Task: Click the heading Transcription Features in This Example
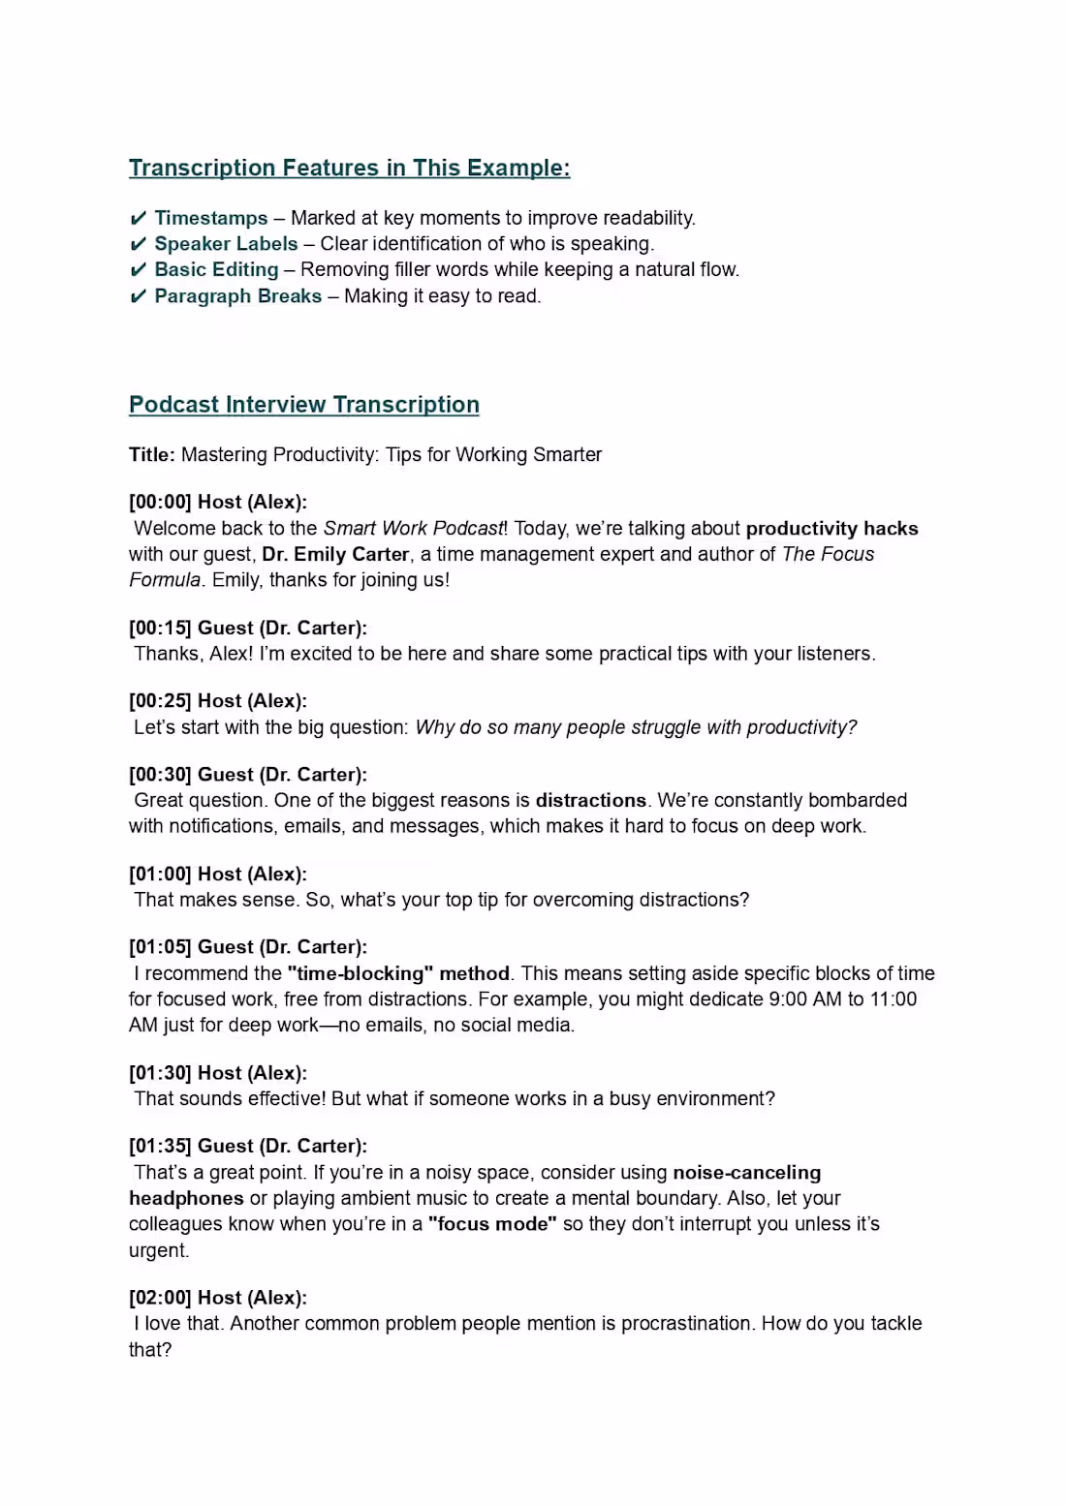pyautogui.click(x=349, y=169)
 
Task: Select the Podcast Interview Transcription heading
pyautogui.click(x=303, y=405)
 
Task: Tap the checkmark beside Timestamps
pyautogui.click(x=138, y=218)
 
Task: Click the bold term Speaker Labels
pyautogui.click(x=226, y=244)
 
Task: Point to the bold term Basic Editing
pyautogui.click(x=216, y=269)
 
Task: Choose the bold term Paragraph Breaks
pyautogui.click(x=237, y=296)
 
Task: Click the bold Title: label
pyautogui.click(x=152, y=455)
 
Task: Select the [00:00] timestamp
pyautogui.click(x=160, y=502)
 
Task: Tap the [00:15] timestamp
pyautogui.click(x=160, y=628)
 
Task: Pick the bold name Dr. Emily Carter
pyautogui.click(x=335, y=554)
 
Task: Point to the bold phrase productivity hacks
pyautogui.click(x=831, y=529)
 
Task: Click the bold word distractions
pyautogui.click(x=590, y=801)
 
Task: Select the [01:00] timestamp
pyautogui.click(x=160, y=874)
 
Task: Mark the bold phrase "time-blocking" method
pyautogui.click(x=398, y=973)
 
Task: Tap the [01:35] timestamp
pyautogui.click(x=160, y=1146)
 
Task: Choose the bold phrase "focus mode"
pyautogui.click(x=492, y=1224)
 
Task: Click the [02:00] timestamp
pyautogui.click(x=160, y=1298)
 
